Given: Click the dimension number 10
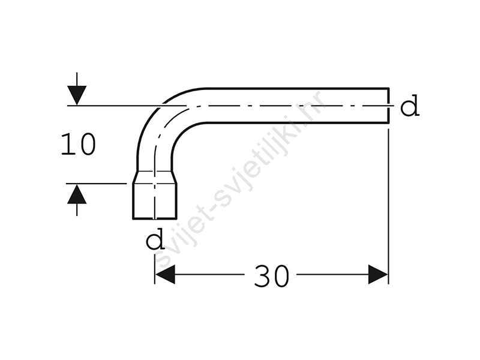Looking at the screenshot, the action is [x=79, y=144].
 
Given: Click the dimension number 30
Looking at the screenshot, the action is [x=272, y=277].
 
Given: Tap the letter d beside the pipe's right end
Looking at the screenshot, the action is [x=410, y=106].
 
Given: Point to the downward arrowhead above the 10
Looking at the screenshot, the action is [x=77, y=95].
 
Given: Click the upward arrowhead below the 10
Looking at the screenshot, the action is [x=77, y=194].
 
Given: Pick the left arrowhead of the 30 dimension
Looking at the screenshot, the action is [x=164, y=274].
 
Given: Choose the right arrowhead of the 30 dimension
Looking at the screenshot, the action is [x=378, y=274].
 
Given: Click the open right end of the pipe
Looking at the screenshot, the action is [x=389, y=106].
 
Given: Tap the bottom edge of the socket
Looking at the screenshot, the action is [x=155, y=219].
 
